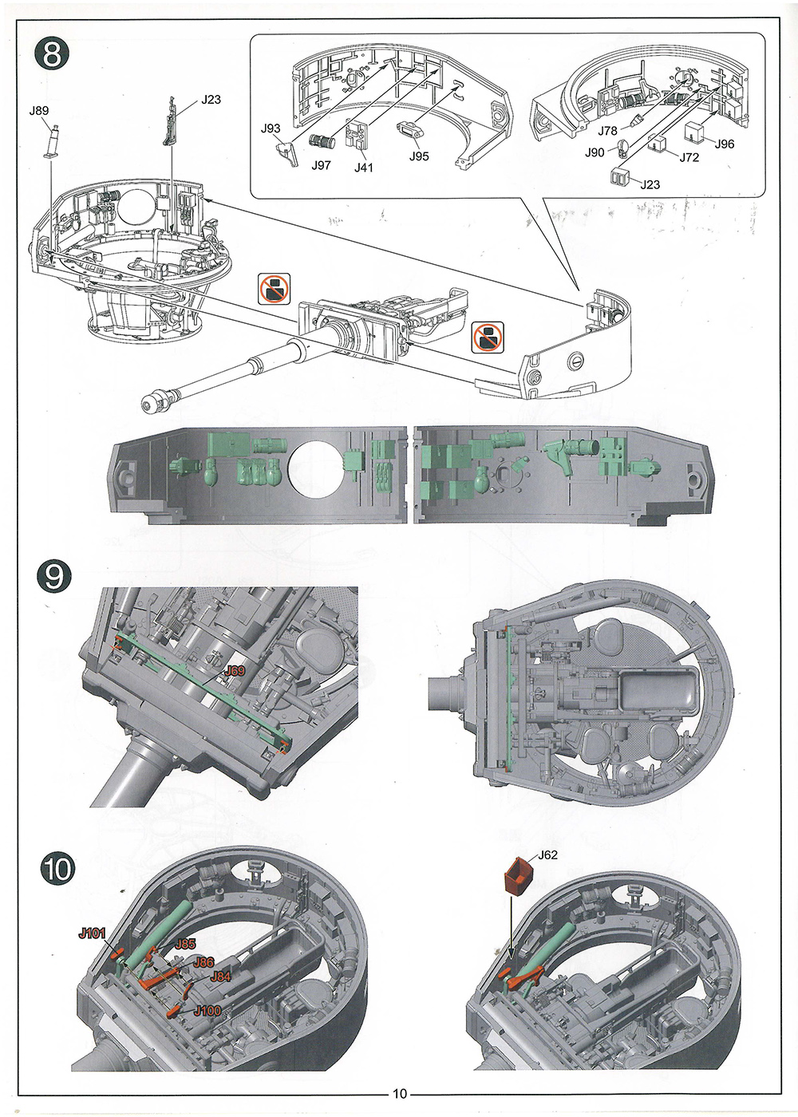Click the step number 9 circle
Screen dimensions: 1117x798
pos(54,575)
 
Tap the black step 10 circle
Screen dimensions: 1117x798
pos(57,868)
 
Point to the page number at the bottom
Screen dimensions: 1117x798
pos(399,1094)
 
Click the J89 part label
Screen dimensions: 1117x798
pos(39,111)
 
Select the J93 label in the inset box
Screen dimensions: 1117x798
pos(271,128)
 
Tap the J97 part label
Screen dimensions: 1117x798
pos(321,165)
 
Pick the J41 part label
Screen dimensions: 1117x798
pos(364,168)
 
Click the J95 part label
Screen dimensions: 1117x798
pos(419,156)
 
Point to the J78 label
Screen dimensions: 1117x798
pos(608,131)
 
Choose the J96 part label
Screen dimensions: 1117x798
pos(725,144)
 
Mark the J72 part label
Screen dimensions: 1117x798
pos(689,157)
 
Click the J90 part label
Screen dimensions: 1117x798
pos(595,152)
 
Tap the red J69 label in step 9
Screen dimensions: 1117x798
pos(235,671)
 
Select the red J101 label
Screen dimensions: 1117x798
pos(92,933)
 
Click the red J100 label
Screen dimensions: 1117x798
pos(207,1011)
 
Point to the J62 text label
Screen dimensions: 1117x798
pos(547,855)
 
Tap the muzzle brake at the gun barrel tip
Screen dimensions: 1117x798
pos(155,401)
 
